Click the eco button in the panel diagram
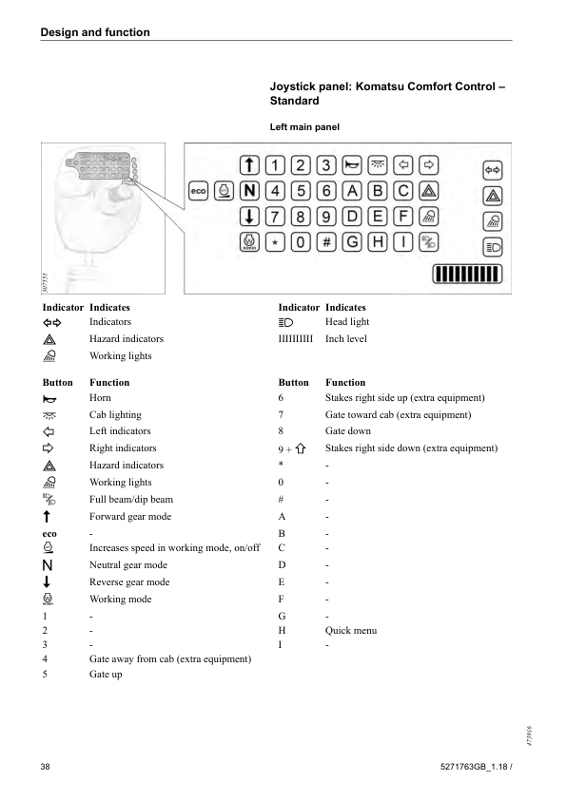[x=199, y=190]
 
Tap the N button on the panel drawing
[x=250, y=189]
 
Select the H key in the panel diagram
[x=378, y=242]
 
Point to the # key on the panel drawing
[x=326, y=242]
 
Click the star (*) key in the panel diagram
[x=275, y=242]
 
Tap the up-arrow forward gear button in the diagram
[x=249, y=162]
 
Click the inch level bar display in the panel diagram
[x=461, y=275]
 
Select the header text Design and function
[x=95, y=32]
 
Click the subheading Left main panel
[x=304, y=126]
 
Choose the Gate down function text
[x=348, y=431]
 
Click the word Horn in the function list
[x=100, y=397]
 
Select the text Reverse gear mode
[x=129, y=581]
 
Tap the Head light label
[x=347, y=322]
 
